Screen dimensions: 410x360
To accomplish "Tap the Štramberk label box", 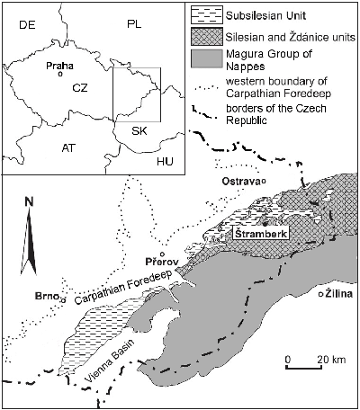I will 256,233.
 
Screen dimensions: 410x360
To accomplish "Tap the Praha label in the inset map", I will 58,66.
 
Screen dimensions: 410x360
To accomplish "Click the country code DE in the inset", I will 26,24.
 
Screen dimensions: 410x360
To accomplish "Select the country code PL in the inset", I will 135,23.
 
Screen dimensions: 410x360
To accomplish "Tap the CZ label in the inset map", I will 80,88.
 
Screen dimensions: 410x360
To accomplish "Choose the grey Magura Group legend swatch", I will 202,59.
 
